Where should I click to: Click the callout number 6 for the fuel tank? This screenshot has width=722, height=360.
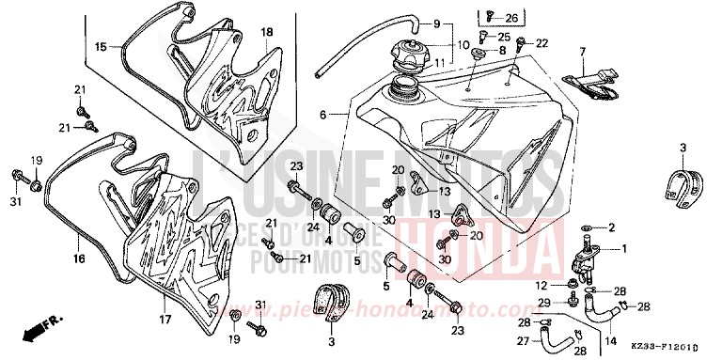[x=322, y=115]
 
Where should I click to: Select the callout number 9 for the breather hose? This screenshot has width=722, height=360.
[x=462, y=23]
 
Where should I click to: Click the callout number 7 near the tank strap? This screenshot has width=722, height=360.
[x=582, y=51]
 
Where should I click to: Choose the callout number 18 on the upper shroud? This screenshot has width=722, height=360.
[x=266, y=33]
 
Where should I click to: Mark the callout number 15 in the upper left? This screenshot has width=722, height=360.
[x=100, y=44]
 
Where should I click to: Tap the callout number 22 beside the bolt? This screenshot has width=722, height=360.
[x=541, y=44]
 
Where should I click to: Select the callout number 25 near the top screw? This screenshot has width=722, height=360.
[x=504, y=36]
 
